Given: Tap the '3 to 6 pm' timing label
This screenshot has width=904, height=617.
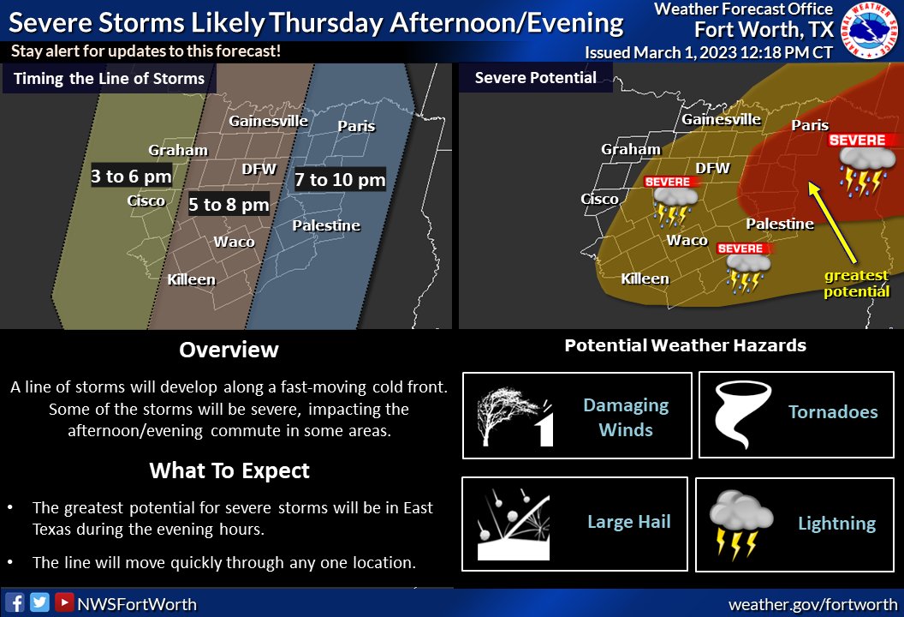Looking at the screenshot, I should (132, 177).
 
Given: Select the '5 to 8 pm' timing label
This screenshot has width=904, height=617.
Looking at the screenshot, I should (229, 205).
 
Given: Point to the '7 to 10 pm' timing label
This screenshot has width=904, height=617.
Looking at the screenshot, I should (340, 180).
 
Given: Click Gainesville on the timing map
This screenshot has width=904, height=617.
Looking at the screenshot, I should (268, 121).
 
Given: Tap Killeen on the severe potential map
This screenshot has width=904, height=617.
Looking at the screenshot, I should (645, 279).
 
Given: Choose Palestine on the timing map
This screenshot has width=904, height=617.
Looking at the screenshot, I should (326, 226).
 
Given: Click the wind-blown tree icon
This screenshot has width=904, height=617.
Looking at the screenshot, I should (514, 416).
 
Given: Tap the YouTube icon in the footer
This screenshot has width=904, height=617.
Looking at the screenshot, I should (64, 602).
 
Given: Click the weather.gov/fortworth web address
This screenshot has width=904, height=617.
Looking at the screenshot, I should (812, 604).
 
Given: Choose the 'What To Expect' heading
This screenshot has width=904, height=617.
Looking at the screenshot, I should (229, 470).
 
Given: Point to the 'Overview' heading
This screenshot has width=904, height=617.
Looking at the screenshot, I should (229, 350).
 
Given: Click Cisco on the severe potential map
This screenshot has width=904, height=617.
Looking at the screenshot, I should (599, 199).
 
